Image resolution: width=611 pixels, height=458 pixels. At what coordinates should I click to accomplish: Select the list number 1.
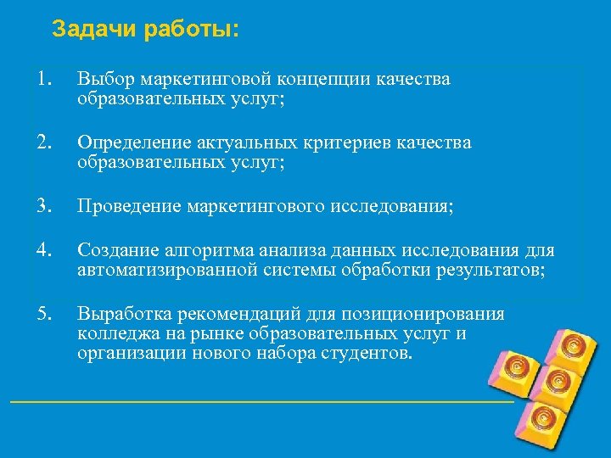pyautogui.click(x=44, y=79)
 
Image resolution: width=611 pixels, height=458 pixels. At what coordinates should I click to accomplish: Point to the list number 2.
pyautogui.click(x=44, y=142)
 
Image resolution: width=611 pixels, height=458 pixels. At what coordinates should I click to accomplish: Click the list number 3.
pyautogui.click(x=44, y=206)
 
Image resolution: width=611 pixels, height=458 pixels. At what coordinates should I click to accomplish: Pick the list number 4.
pyautogui.click(x=44, y=251)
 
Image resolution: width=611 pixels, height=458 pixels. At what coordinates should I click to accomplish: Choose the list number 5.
pyautogui.click(x=44, y=315)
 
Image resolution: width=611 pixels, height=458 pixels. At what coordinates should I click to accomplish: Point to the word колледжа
pyautogui.click(x=111, y=333)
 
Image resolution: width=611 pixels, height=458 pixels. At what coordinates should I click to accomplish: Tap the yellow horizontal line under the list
pyautogui.click(x=255, y=400)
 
